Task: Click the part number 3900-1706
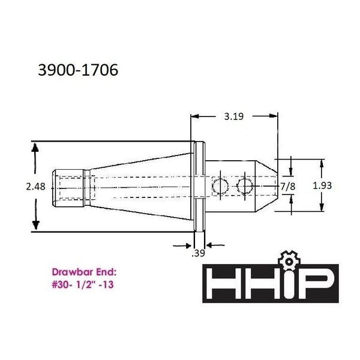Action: click(x=78, y=70)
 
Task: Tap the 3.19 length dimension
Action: click(x=234, y=116)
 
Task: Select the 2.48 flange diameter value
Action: click(x=35, y=187)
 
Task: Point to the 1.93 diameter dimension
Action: click(x=322, y=185)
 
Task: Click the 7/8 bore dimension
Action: click(x=288, y=187)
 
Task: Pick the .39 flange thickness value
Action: click(x=198, y=253)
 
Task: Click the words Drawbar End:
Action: click(x=84, y=272)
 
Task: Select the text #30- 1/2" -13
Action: click(x=83, y=285)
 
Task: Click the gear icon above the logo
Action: click(x=289, y=261)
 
